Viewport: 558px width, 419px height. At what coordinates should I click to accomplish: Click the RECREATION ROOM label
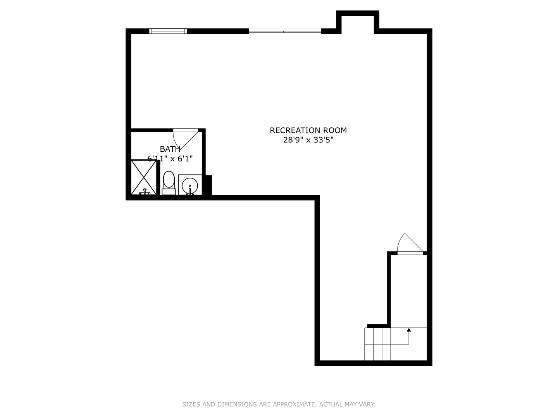click(x=308, y=130)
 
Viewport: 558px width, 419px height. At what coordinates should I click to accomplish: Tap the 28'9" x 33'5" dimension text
click(x=308, y=140)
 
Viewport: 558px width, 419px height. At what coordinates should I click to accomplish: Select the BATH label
click(x=170, y=149)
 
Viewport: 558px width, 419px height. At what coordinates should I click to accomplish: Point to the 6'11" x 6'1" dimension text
click(x=170, y=158)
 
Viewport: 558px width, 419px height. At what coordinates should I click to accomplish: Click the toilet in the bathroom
click(x=169, y=180)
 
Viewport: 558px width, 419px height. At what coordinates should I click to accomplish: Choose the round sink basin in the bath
click(x=190, y=185)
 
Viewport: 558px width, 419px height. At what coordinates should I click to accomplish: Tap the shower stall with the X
click(x=144, y=177)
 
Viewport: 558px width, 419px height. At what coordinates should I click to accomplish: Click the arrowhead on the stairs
click(x=408, y=330)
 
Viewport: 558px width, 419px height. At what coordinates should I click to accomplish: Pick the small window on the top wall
click(x=168, y=31)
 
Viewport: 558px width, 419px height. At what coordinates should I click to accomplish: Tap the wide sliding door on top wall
click(x=285, y=31)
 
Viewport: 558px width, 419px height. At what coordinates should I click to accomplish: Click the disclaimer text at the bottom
click(x=279, y=404)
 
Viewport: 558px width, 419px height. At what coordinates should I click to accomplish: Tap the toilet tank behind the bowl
click(x=169, y=191)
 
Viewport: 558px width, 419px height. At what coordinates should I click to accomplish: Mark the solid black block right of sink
click(x=208, y=185)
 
